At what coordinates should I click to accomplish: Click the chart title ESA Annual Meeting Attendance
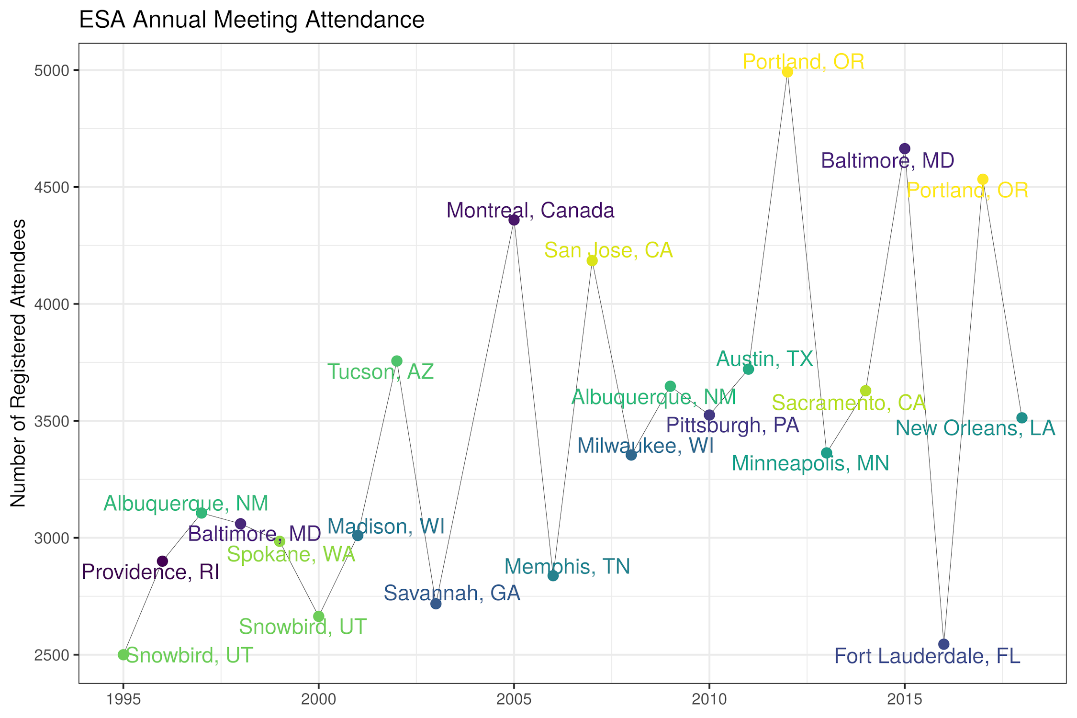251,20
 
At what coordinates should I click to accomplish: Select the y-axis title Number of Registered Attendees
18,363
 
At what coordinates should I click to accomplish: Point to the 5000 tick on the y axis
52,71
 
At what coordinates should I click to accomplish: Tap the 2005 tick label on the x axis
514,700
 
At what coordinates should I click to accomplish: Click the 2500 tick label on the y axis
52,655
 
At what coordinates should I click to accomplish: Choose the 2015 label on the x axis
904,700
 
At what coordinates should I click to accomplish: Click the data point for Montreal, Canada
514,220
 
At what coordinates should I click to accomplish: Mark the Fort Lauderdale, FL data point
943,644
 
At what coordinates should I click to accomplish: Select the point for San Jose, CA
592,260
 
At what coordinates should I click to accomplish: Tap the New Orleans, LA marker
1021,418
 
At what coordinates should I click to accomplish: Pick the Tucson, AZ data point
397,361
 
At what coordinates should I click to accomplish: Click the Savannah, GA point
436,604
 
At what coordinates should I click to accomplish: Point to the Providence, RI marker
163,561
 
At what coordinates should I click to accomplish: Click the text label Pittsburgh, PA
732,425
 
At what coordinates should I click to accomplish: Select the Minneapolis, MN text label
810,463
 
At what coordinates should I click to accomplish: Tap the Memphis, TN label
567,567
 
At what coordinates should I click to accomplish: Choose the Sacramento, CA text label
849,403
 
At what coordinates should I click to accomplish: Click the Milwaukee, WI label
645,446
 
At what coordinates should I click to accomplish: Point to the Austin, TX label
764,359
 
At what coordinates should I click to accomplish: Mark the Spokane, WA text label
291,555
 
